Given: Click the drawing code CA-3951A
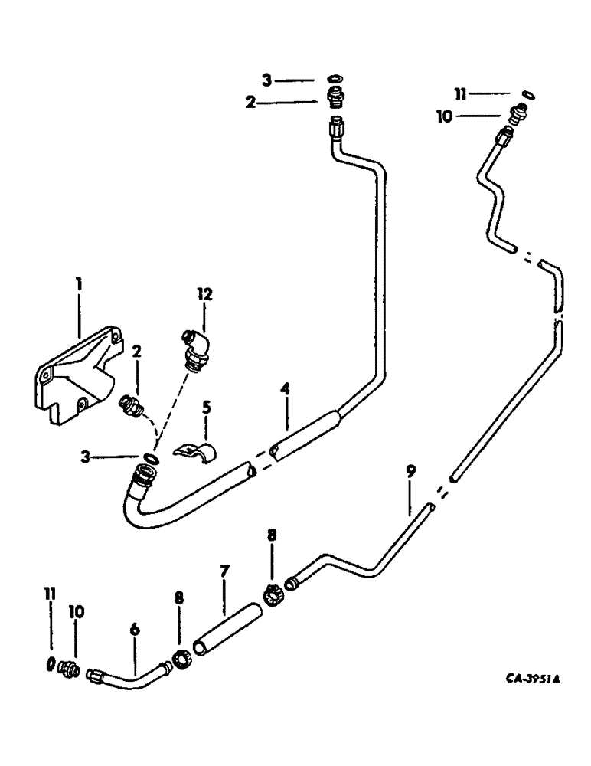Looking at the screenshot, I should coord(522,679).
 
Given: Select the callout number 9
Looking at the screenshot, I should coord(410,472).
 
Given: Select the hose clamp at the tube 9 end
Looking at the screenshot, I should coord(273,595).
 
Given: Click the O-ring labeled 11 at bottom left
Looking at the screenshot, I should coord(51,663).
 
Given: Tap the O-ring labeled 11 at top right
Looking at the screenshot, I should coord(528,95).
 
